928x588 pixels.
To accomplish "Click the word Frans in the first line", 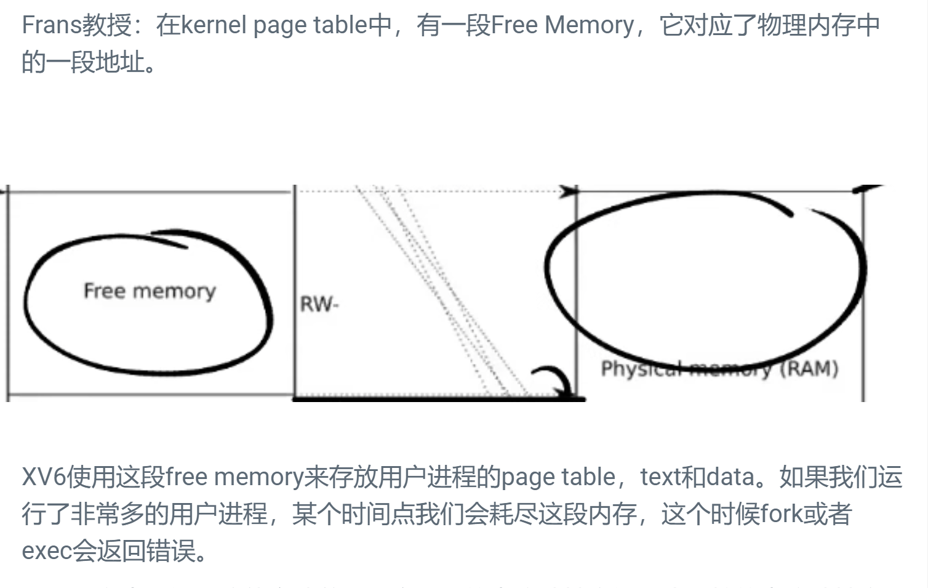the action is pyautogui.click(x=52, y=25).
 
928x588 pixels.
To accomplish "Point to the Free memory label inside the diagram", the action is pyautogui.click(x=150, y=291).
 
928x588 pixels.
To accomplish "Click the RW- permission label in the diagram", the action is pyautogui.click(x=319, y=304).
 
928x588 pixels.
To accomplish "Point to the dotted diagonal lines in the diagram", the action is pyautogui.click(x=443, y=289).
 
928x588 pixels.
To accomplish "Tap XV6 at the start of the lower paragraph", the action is pyautogui.click(x=43, y=477).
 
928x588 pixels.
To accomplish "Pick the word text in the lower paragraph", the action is pyautogui.click(x=660, y=477).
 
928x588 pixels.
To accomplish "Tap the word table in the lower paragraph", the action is pyautogui.click(x=588, y=477).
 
